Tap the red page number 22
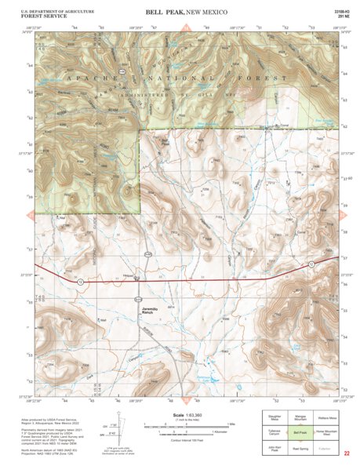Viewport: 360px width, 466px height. tap(347, 453)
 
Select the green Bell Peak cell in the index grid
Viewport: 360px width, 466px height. tap(299, 431)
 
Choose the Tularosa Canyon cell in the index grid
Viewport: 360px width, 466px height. tap(274, 431)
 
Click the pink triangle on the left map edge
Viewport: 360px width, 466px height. tap(30, 213)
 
